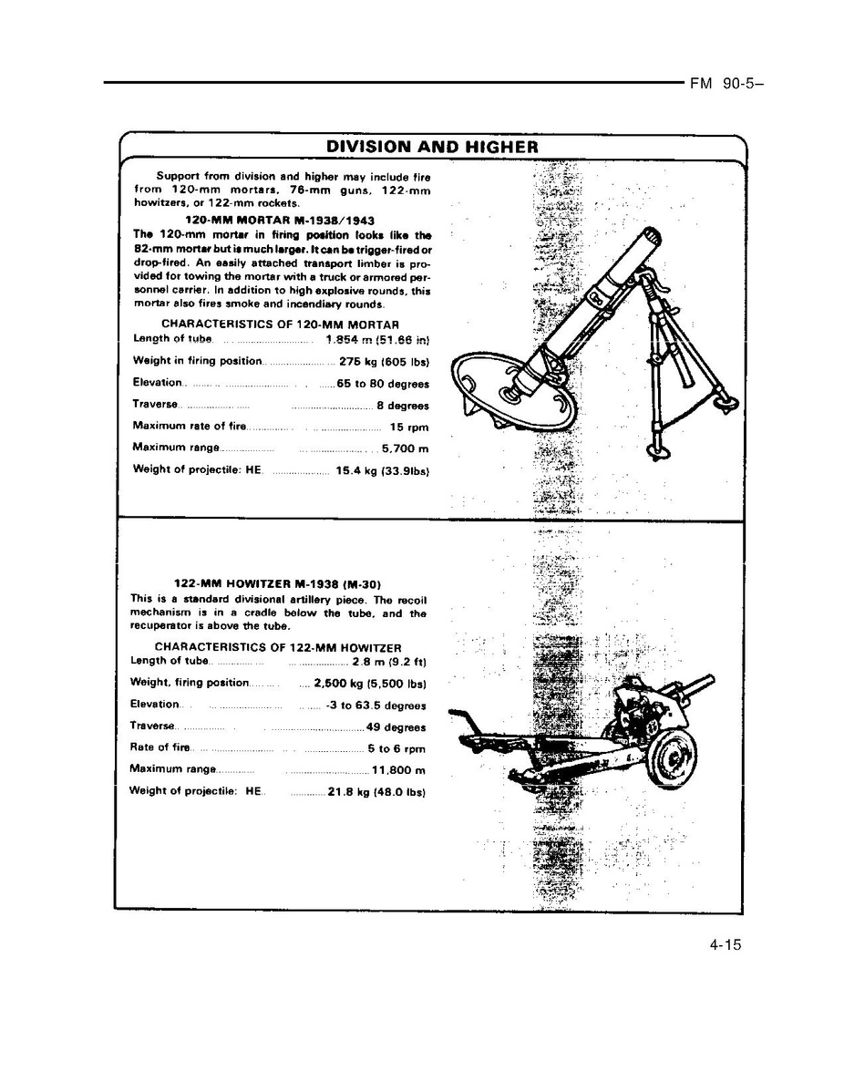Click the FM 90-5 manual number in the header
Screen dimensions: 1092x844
pyautogui.click(x=726, y=83)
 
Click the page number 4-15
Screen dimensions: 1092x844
pyautogui.click(x=726, y=945)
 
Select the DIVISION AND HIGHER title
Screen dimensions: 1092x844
pyautogui.click(x=432, y=147)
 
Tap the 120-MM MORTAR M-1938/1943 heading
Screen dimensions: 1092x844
pyautogui.click(x=280, y=221)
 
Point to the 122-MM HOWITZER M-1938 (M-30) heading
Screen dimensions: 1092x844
pyautogui.click(x=277, y=584)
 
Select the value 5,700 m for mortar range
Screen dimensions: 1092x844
pyautogui.click(x=405, y=449)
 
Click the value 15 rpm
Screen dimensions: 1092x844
pyautogui.click(x=408, y=428)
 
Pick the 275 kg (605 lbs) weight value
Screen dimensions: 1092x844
pyautogui.click(x=384, y=362)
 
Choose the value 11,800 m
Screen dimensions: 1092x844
pyautogui.click(x=399, y=770)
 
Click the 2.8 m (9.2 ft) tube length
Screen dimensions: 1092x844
pyautogui.click(x=389, y=661)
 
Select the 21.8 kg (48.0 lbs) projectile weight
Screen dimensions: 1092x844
pyautogui.click(x=377, y=792)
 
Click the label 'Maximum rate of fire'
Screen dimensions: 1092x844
pyautogui.click(x=189, y=426)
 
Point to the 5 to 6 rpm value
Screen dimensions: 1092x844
pyautogui.click(x=396, y=748)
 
